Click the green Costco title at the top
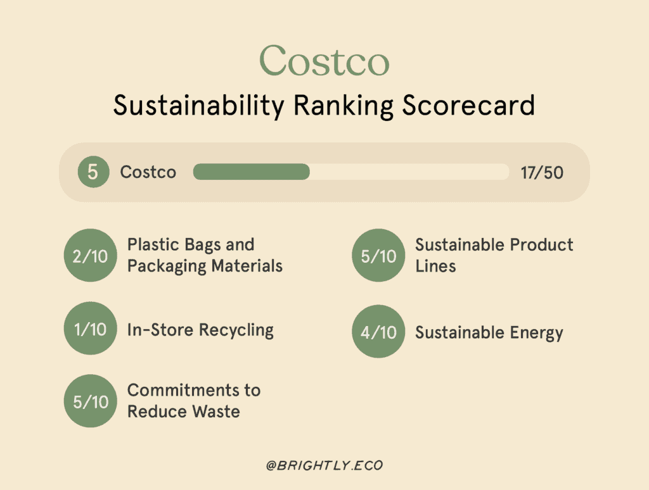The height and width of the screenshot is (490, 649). tap(324, 61)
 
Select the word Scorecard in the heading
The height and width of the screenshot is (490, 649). tap(468, 105)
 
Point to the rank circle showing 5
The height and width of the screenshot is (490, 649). tap(93, 172)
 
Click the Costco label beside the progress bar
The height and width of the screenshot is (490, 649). tap(148, 172)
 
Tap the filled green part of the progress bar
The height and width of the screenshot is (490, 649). tap(251, 172)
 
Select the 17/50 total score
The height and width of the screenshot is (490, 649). tap(542, 172)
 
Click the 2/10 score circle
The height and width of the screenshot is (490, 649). tap(91, 255)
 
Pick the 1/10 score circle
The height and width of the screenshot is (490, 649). tap(91, 329)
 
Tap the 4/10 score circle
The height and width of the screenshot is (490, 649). tap(378, 332)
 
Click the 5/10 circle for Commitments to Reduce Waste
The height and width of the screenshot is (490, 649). tap(91, 401)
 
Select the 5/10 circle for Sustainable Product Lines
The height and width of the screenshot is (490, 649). tap(378, 255)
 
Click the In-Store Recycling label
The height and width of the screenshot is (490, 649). tap(200, 330)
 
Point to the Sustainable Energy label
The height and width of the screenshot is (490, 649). tap(489, 333)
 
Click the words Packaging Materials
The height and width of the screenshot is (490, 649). tap(205, 266)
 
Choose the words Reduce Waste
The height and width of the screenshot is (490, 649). tap(183, 411)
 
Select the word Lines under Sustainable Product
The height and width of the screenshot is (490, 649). tap(435, 266)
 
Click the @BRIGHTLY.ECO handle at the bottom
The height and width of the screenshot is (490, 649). tap(324, 465)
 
